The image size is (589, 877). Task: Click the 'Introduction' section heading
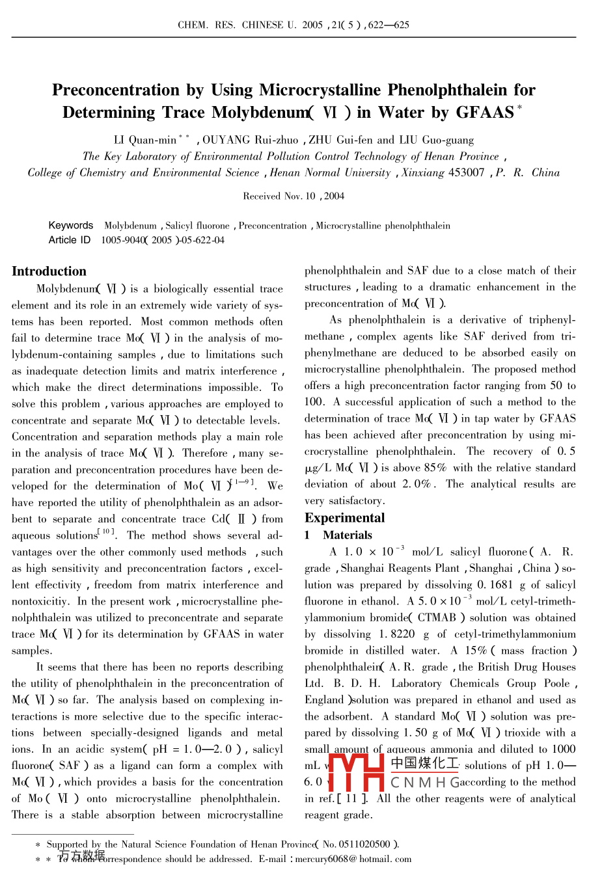49,271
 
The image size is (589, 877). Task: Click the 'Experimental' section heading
344,518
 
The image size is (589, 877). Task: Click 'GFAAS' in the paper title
484,113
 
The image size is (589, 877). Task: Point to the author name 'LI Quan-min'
144,140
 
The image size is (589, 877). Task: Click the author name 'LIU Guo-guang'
436,140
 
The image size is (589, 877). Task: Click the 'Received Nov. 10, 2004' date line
294,196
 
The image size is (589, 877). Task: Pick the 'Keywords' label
71,225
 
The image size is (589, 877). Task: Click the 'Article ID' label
70,240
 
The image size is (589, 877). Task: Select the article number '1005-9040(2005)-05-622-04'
163,240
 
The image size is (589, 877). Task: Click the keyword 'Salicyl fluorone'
197,226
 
